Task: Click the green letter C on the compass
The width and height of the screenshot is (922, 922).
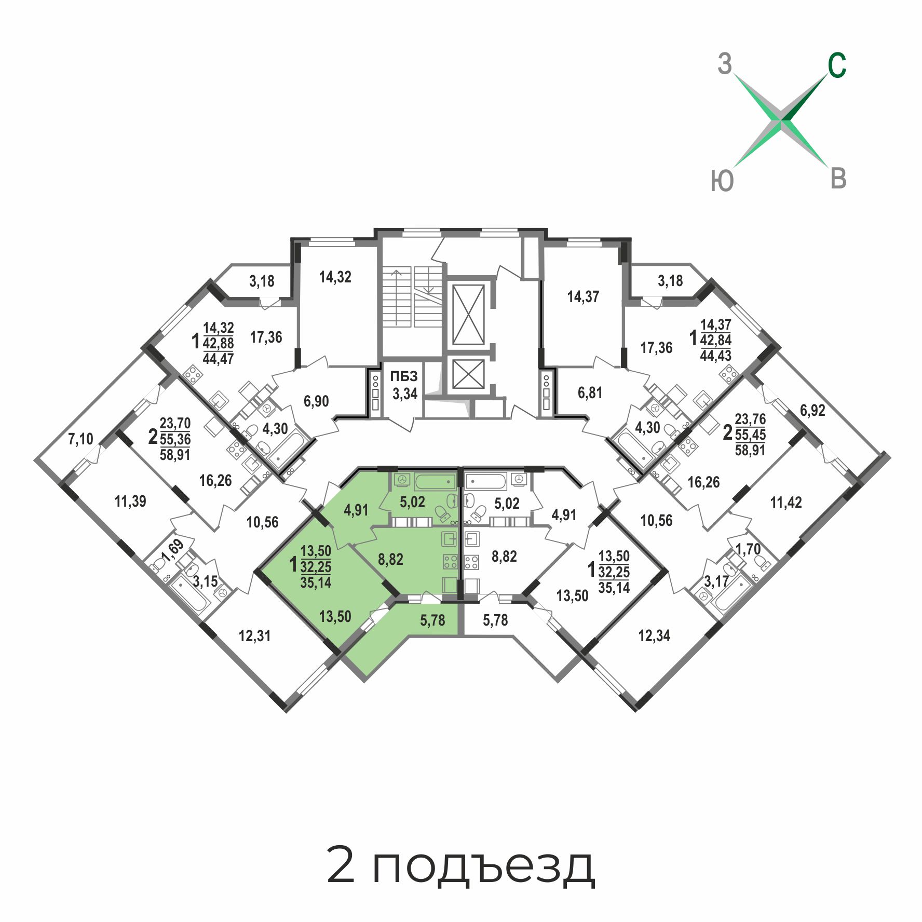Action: [x=837, y=66]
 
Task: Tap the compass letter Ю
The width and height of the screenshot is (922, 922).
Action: [x=722, y=181]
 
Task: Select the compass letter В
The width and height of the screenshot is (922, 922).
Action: [x=839, y=179]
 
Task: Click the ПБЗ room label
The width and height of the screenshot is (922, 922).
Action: [x=404, y=376]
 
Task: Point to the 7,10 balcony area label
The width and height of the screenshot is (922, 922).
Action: [x=80, y=439]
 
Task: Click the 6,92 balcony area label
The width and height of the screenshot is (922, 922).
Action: [x=812, y=411]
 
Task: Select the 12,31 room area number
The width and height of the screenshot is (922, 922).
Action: [x=254, y=636]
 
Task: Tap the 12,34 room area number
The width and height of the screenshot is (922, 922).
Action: [x=654, y=635]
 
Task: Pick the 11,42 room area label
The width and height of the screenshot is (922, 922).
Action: [x=786, y=503]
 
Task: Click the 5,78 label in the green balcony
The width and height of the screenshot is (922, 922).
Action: [x=432, y=620]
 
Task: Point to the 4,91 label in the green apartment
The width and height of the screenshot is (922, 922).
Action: [x=356, y=510]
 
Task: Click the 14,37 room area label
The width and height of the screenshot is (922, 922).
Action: [x=583, y=297]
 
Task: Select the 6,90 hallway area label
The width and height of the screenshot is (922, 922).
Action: [x=316, y=401]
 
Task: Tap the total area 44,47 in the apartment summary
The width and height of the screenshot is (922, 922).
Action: [x=218, y=359]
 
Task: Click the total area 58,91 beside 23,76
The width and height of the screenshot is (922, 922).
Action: [x=750, y=450]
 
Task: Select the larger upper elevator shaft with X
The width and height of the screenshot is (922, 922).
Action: [x=468, y=314]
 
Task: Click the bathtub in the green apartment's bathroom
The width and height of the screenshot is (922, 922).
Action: [x=435, y=482]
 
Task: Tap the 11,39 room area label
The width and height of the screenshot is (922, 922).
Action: [x=130, y=501]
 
